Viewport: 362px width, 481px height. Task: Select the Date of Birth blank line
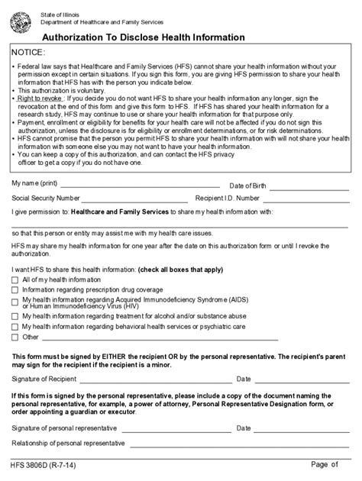coord(311,186)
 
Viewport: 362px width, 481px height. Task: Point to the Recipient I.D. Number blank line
coord(317,199)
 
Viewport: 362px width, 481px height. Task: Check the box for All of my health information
coord(15,281)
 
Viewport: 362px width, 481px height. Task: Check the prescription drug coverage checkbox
coord(15,291)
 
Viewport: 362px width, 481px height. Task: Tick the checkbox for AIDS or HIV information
coord(15,302)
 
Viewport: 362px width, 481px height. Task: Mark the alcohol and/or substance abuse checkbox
coord(15,315)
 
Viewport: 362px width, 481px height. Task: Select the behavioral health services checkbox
coord(15,326)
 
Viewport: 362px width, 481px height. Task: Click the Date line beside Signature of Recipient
coord(302,380)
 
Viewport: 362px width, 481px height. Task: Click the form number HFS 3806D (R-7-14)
coord(44,466)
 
